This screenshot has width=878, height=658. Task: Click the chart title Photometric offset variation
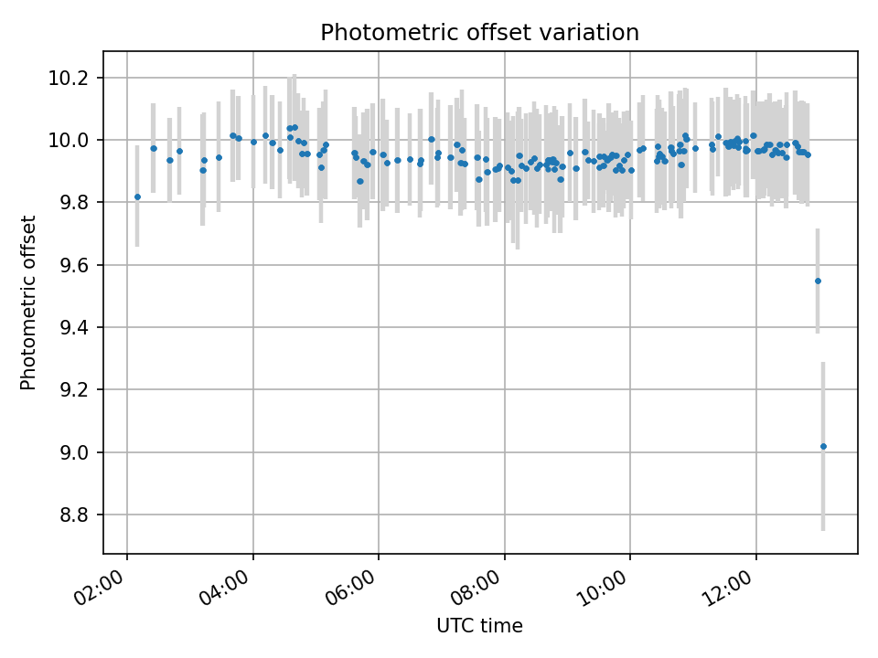tap(479, 33)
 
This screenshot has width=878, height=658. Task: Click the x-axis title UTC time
tap(479, 626)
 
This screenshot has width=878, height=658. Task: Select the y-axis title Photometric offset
tap(28, 302)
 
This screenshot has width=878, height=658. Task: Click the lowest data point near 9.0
tap(823, 446)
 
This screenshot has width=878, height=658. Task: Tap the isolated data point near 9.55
tap(818, 281)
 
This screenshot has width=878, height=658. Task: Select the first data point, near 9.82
tap(137, 196)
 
